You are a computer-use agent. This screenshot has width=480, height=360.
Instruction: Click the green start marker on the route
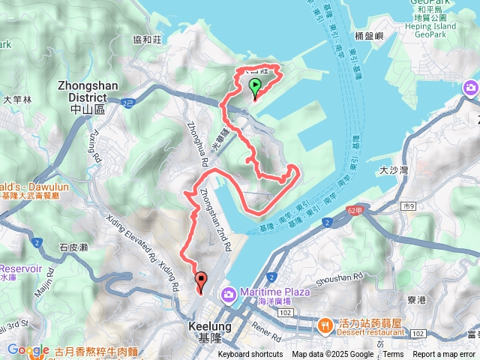click(x=255, y=86)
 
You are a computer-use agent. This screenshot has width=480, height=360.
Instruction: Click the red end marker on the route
click(x=201, y=281)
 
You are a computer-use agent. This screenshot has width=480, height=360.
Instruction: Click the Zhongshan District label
click(x=88, y=91)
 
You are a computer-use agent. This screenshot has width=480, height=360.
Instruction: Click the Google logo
click(x=28, y=349)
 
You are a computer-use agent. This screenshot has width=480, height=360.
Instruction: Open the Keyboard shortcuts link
click(x=250, y=355)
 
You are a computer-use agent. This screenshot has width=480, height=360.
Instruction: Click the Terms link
click(x=393, y=355)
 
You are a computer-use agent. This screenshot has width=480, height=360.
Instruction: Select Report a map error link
click(x=445, y=355)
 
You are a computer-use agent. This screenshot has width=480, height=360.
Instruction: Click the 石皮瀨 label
click(x=74, y=246)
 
